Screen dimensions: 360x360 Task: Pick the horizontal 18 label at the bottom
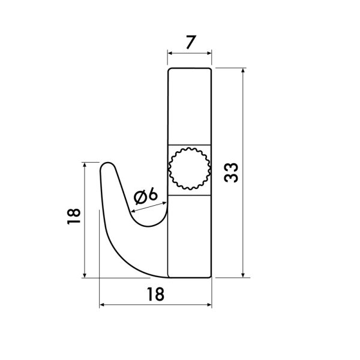point(155,294)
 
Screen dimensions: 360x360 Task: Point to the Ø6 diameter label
point(145,195)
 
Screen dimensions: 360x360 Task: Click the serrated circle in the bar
point(190,170)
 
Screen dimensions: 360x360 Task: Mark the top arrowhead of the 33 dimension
point(243,71)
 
